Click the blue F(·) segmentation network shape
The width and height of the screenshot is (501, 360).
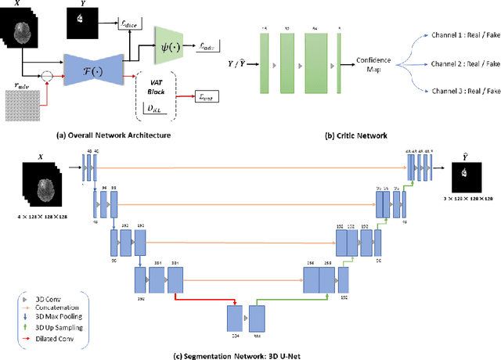pos(99,62)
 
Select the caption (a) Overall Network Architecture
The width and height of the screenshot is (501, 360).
pos(119,135)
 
